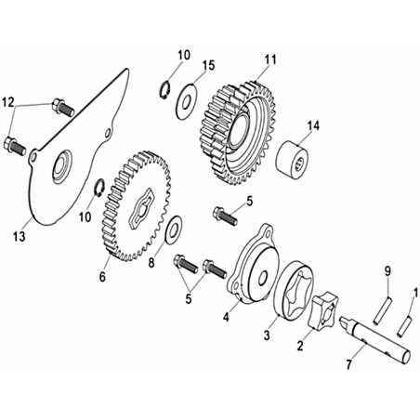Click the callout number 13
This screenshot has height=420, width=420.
click(19, 237)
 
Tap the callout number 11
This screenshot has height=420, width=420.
click(270, 59)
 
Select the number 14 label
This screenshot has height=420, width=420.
click(313, 125)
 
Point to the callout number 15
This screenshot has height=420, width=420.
click(208, 65)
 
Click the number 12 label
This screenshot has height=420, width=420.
click(8, 102)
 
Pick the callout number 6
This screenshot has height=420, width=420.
click(102, 277)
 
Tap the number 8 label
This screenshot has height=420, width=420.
click(151, 263)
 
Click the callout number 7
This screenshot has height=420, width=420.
click(349, 364)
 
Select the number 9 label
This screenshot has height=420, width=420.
click(387, 271)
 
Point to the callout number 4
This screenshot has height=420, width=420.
click(227, 317)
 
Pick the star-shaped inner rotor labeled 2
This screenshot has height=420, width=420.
click(323, 311)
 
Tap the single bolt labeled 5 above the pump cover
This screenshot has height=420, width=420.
click(225, 216)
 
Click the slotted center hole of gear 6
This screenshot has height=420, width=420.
click(141, 208)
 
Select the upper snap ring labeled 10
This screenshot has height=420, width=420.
click(166, 90)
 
